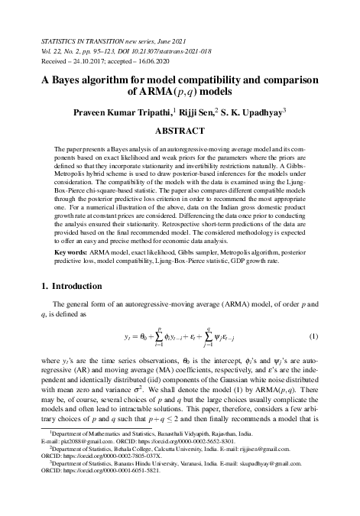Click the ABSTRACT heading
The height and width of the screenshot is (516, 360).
180,131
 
